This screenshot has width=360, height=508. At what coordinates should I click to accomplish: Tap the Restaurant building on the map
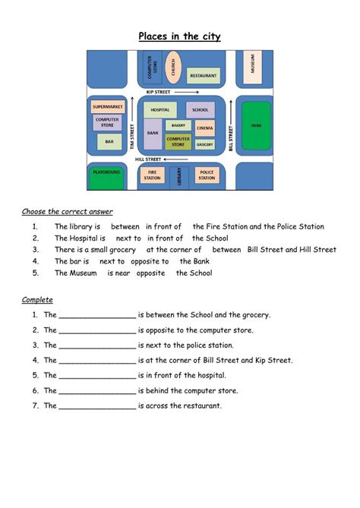click(x=203, y=76)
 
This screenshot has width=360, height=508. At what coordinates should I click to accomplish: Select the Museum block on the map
click(x=253, y=68)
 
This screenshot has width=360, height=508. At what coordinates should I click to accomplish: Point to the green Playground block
click(x=107, y=175)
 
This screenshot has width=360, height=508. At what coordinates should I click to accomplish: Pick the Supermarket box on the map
click(x=107, y=107)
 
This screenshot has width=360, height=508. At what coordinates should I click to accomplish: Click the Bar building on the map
click(x=109, y=141)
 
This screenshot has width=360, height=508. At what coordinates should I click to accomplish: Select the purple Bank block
click(x=153, y=134)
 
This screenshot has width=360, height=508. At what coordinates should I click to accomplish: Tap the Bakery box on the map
click(x=178, y=125)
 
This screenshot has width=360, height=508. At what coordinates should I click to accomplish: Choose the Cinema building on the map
click(x=204, y=128)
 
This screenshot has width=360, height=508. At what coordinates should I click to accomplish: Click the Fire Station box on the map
click(x=153, y=175)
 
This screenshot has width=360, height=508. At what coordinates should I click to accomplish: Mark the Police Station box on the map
click(x=206, y=175)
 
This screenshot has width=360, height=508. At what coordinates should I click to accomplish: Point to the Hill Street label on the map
click(x=149, y=159)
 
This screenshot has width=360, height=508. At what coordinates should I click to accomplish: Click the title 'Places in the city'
click(x=179, y=36)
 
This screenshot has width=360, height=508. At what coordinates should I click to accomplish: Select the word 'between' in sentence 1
click(x=125, y=226)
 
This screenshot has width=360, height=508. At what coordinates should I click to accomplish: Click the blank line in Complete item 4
click(x=97, y=361)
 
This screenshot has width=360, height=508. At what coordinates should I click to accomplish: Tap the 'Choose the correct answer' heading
click(x=68, y=211)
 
